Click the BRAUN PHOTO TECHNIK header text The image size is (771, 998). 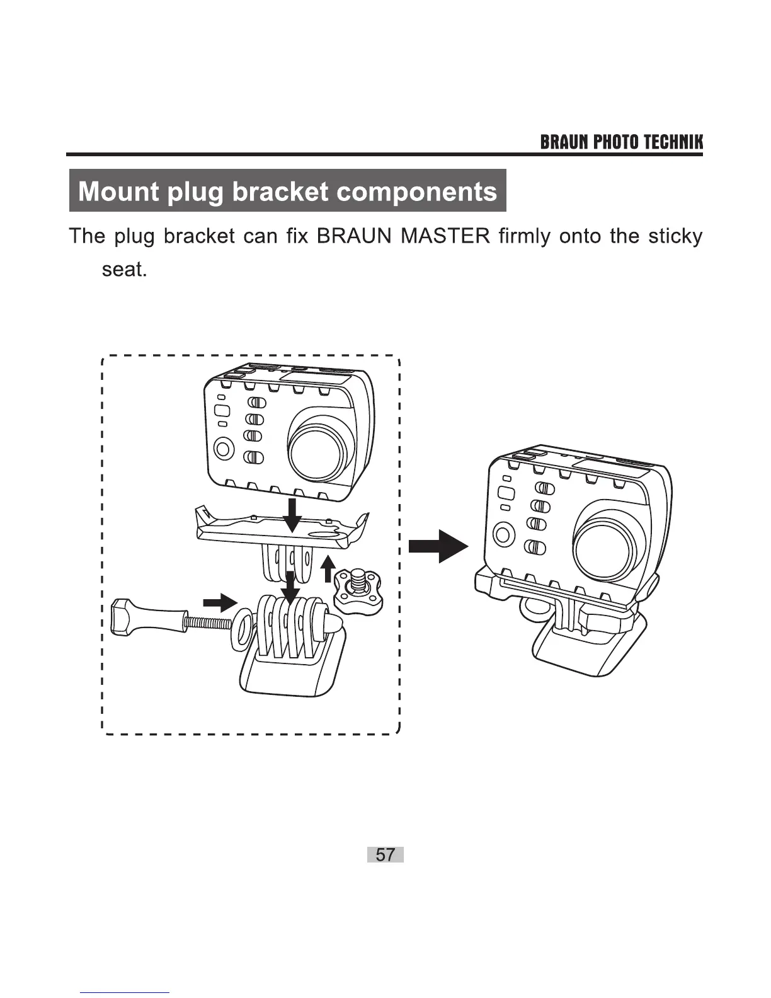pos(621,142)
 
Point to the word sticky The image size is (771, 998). pos(675,236)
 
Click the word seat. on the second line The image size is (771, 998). pos(124,270)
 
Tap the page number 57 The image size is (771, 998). pos(385,855)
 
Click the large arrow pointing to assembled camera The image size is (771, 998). pos(439,546)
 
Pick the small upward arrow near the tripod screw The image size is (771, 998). pos(328,568)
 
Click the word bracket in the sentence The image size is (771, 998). pos(198,236)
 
